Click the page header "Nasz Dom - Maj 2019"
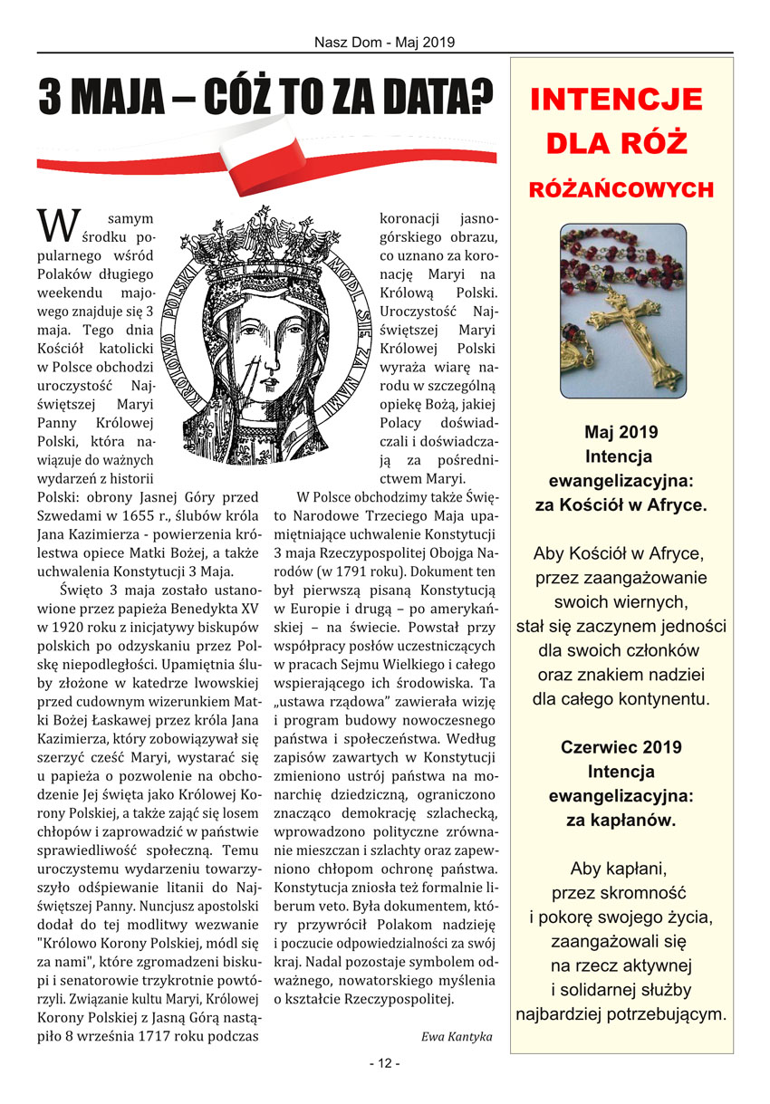point(384,42)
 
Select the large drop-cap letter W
point(55,226)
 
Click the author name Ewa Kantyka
point(457,1036)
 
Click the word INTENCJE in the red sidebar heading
point(617,100)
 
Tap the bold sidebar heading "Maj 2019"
point(621,432)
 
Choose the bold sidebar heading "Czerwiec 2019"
point(621,748)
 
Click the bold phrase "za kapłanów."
point(621,821)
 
